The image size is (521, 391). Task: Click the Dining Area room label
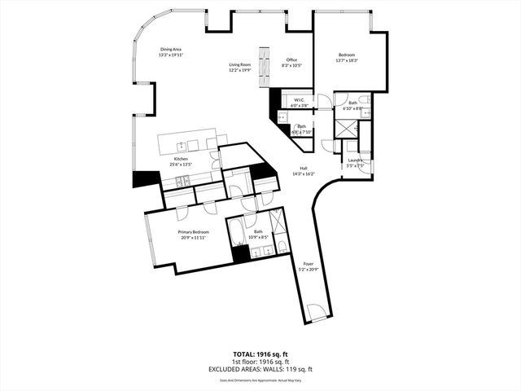tap(170, 50)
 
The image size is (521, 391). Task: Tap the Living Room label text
tap(239, 64)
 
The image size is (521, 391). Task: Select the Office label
tap(291, 59)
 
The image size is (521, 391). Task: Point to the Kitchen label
tap(181, 159)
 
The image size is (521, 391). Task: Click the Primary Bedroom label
tap(194, 232)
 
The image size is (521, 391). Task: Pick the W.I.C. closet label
tap(299, 100)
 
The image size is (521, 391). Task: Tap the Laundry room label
tap(356, 160)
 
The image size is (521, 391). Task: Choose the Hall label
tap(303, 169)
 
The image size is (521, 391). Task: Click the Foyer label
tap(308, 264)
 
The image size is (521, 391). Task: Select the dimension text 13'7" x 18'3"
tap(348, 60)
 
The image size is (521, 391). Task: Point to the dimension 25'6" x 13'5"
tap(181, 164)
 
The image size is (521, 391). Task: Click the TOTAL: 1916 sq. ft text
tap(260, 354)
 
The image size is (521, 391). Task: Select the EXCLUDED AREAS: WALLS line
tap(260, 369)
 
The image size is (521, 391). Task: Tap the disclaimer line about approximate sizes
tap(260, 379)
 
